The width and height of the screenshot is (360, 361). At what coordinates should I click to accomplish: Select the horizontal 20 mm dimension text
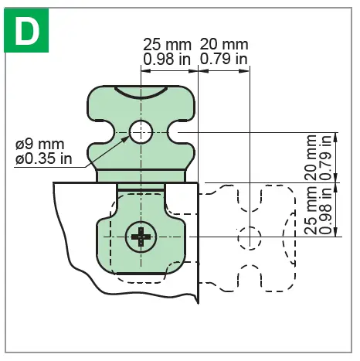(x=225, y=44)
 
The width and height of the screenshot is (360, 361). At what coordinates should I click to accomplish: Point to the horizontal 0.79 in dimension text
(x=225, y=59)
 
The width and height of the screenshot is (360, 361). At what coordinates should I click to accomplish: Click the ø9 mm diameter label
(x=40, y=145)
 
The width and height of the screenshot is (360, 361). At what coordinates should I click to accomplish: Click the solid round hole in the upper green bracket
(x=141, y=132)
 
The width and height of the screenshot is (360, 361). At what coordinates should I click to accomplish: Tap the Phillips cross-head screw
(x=140, y=236)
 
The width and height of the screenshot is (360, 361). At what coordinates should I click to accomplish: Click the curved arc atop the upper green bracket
(x=141, y=94)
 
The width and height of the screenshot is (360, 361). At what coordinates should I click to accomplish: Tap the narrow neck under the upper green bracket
(x=141, y=175)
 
